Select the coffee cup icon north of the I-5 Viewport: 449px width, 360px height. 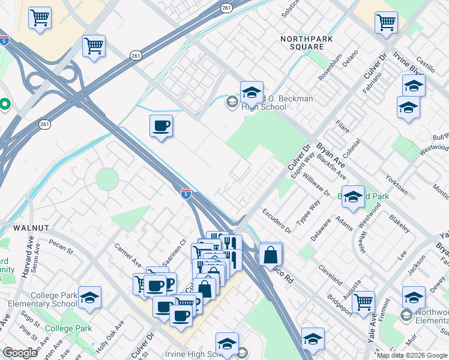click(161, 126)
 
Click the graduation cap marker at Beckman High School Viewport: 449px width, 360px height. click(252, 92)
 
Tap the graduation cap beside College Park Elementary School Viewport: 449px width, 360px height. click(89, 298)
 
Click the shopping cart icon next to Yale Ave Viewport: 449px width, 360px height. click(363, 303)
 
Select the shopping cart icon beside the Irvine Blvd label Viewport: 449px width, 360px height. click(386, 23)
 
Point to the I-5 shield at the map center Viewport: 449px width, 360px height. click(187, 193)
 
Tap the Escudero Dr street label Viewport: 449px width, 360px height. click(277, 221)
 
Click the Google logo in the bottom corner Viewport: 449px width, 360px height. click(20, 352)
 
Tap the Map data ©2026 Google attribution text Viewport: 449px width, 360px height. click(411, 355)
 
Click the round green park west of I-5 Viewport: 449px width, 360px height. click(107, 179)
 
